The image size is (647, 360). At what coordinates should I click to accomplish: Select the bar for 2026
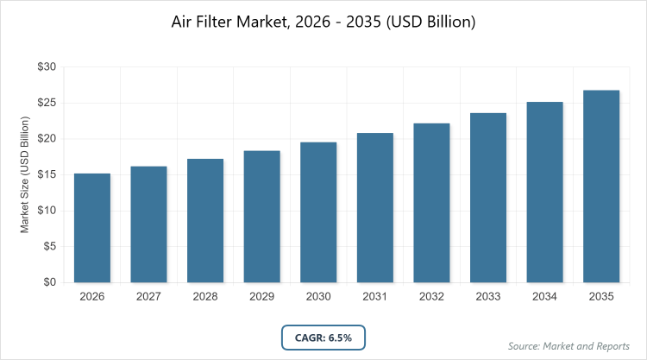click(91, 228)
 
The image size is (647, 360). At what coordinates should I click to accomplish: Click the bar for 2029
click(261, 217)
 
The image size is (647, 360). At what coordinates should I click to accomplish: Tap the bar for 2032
click(431, 203)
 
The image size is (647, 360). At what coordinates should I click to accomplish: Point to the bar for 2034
click(544, 193)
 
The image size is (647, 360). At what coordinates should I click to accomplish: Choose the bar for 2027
click(148, 224)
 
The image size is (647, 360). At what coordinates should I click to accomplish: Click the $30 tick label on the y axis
click(47, 67)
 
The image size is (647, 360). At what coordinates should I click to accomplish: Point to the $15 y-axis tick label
click(47, 175)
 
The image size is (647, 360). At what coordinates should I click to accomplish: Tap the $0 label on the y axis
click(50, 282)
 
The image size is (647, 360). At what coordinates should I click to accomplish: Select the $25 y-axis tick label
click(47, 104)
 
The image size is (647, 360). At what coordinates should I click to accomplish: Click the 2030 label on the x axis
click(318, 297)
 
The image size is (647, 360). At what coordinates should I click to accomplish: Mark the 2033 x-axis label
click(488, 297)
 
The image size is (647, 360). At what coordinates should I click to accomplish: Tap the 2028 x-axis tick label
click(205, 297)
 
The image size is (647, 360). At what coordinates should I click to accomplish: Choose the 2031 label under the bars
click(374, 297)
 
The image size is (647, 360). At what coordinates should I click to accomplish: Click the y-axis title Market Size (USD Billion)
click(25, 174)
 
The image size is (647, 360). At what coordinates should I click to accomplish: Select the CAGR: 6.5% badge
click(323, 336)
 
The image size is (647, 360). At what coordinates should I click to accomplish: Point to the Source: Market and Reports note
click(569, 346)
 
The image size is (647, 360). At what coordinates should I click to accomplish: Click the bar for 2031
click(374, 208)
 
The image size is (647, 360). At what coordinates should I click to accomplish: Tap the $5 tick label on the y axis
click(50, 247)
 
